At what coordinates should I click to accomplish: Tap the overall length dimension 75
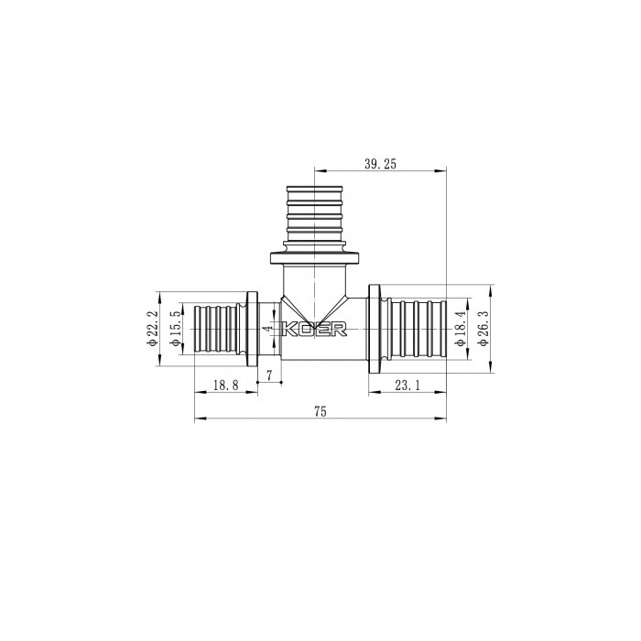click(320, 412)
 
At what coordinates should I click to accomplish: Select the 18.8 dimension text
click(225, 386)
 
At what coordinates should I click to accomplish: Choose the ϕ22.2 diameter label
click(151, 329)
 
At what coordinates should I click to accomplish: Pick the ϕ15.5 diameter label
click(174, 329)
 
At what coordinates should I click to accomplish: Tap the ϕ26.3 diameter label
click(483, 329)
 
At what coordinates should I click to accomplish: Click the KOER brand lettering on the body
click(314, 330)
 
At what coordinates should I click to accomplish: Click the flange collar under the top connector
click(315, 257)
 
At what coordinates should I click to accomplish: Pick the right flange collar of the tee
click(375, 329)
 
